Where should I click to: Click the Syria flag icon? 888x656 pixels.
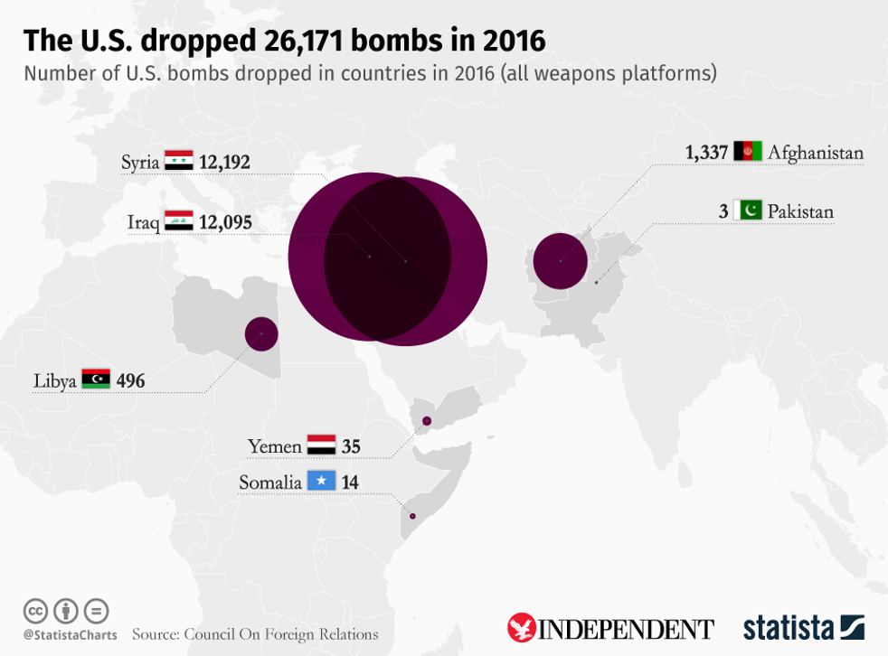[179, 163]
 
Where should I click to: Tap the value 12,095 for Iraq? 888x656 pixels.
[225, 222]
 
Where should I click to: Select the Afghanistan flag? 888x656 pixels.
[748, 152]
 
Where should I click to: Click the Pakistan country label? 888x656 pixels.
[800, 211]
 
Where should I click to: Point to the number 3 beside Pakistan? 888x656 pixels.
[723, 211]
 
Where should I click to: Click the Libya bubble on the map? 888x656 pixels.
[261, 334]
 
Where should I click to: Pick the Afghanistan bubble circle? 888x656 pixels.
[560, 260]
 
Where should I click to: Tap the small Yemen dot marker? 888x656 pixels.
[427, 421]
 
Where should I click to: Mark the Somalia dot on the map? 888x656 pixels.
[412, 516]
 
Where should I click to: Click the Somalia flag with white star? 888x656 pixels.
[321, 483]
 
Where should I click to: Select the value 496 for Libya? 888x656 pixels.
[130, 380]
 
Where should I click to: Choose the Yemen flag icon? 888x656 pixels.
[321, 445]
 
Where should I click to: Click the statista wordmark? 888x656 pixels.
[789, 627]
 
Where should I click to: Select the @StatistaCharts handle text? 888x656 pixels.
[70, 635]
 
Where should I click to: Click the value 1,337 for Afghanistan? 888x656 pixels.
[706, 152]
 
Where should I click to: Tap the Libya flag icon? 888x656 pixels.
[96, 379]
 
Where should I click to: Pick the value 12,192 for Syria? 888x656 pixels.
[225, 163]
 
